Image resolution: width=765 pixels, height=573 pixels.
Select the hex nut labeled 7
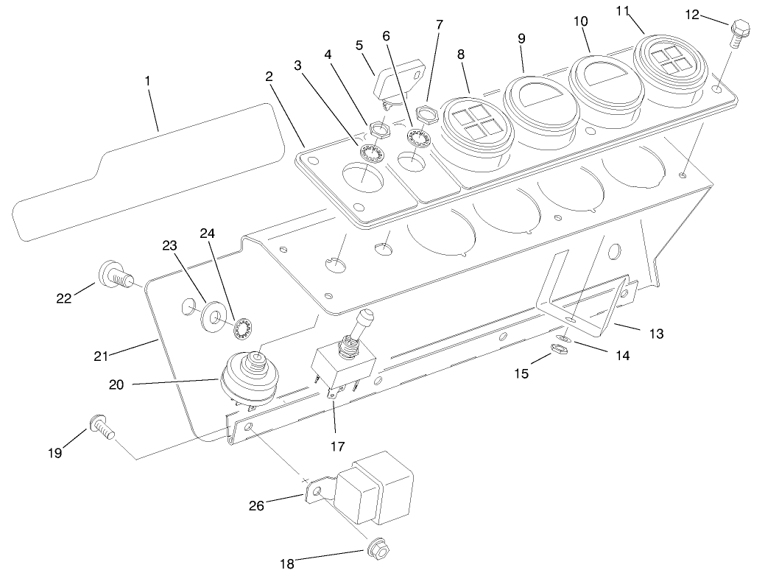point(424,114)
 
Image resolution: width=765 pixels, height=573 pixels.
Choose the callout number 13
point(656,334)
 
